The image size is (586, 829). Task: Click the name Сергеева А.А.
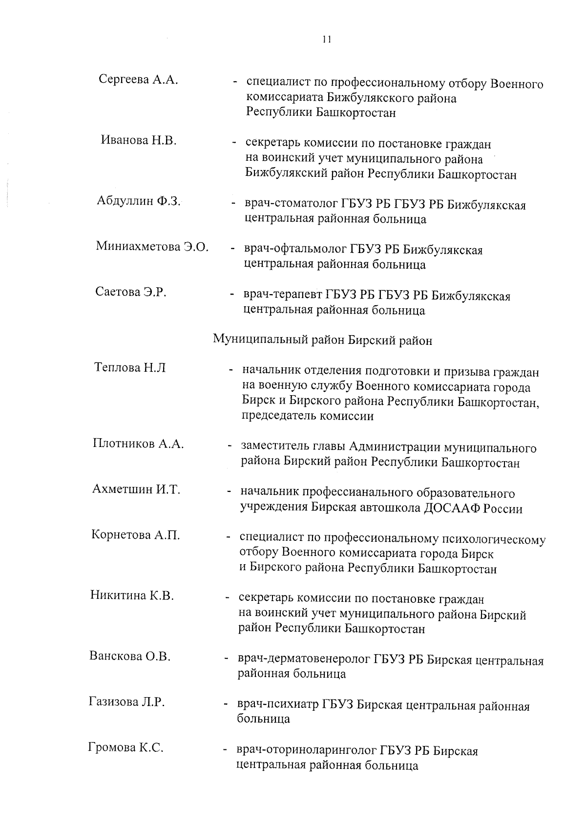pos(138,79)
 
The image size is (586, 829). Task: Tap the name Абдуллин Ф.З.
pos(139,201)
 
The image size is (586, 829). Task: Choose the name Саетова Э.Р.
pos(131,292)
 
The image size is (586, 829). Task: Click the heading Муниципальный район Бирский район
pos(322,340)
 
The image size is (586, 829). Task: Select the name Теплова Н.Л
pos(130,368)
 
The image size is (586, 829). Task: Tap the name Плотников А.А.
pos(138,444)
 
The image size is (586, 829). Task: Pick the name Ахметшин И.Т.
pos(136,489)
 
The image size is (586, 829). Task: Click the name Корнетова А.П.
pos(135,535)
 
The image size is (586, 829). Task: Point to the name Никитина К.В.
pos(132,595)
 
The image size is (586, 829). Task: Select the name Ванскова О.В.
pos(130,656)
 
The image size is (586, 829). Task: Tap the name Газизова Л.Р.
pos(126,702)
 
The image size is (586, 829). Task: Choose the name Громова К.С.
pos(126,747)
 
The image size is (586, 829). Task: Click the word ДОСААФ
pos(452,509)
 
